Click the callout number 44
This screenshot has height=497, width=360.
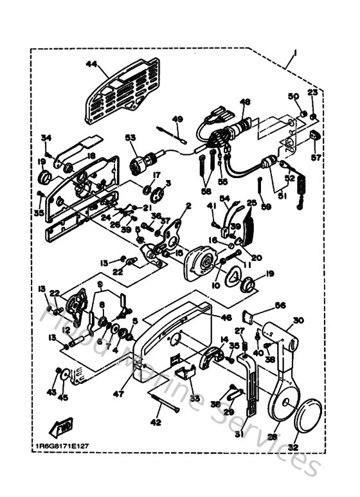[x=91, y=64]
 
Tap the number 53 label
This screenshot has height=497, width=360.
[x=130, y=138]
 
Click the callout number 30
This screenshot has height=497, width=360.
[x=298, y=321]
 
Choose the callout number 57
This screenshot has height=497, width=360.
[x=315, y=156]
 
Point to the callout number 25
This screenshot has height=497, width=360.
[x=251, y=203]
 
